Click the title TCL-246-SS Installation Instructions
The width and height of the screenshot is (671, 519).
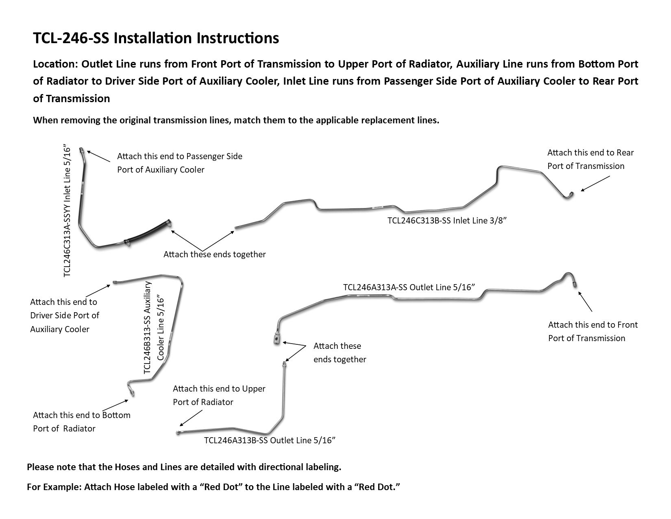click(x=156, y=38)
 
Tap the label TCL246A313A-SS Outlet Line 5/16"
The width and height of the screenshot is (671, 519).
click(x=409, y=287)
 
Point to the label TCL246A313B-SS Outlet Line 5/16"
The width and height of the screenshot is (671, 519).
click(x=270, y=440)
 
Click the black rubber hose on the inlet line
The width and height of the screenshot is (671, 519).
click(x=147, y=233)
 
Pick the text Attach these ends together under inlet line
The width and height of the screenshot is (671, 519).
click(x=214, y=254)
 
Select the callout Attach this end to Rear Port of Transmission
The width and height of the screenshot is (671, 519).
click(x=590, y=159)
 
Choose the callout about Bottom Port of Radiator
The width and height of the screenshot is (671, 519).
click(x=81, y=422)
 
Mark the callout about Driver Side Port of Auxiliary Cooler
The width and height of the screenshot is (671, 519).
click(x=64, y=315)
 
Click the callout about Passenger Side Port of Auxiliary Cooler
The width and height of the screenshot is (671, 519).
click(x=179, y=163)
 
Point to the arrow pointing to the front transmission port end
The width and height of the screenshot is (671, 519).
click(x=585, y=301)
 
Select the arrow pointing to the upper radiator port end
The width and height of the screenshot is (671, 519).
click(x=191, y=418)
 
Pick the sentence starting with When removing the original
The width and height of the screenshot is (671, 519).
click(x=236, y=120)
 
